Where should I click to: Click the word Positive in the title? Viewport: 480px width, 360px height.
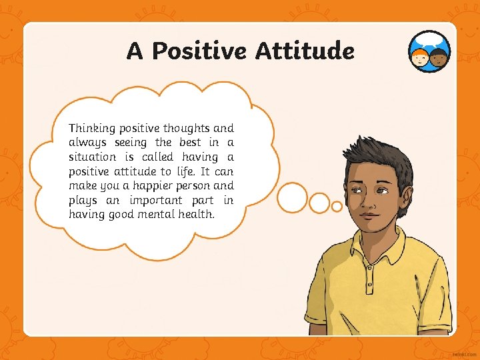coord(199,51)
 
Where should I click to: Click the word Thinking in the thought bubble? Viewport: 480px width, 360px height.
coord(91,128)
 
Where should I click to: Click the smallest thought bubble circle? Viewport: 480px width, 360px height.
coord(337,207)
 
